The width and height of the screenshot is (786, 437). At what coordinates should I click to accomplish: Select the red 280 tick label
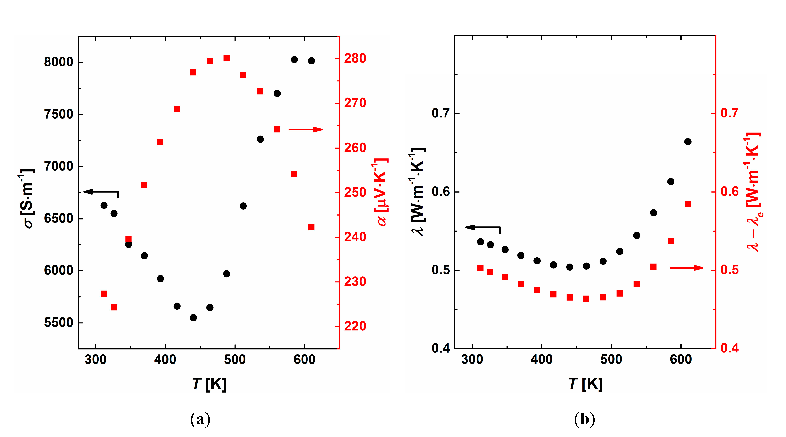click(x=355, y=58)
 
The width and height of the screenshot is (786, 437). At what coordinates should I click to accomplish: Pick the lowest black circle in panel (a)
click(x=193, y=318)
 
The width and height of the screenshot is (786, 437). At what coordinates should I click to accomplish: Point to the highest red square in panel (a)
click(x=226, y=58)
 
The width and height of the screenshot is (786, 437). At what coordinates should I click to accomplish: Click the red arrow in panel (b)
click(x=687, y=268)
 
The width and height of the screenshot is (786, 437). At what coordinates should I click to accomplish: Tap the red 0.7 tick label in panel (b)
click(x=729, y=113)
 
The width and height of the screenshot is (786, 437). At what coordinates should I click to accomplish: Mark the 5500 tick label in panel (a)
click(x=59, y=323)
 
